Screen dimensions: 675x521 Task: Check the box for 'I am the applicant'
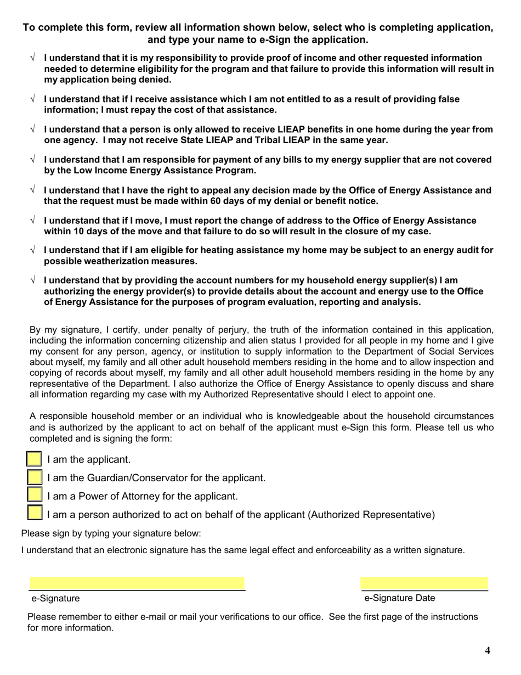[x=34, y=459]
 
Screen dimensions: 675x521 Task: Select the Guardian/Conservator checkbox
[x=34, y=477]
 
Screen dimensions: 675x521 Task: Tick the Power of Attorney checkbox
[x=34, y=496]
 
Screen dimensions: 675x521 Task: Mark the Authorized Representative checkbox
[x=34, y=514]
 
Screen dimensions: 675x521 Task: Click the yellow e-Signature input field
[x=137, y=583]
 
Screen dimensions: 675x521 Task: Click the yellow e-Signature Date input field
[x=424, y=583]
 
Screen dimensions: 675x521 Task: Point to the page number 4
[x=488, y=651]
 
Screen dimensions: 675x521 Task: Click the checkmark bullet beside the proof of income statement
[x=33, y=58]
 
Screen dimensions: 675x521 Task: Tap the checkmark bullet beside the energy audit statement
[x=33, y=250]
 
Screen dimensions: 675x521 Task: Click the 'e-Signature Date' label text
[x=399, y=598]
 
